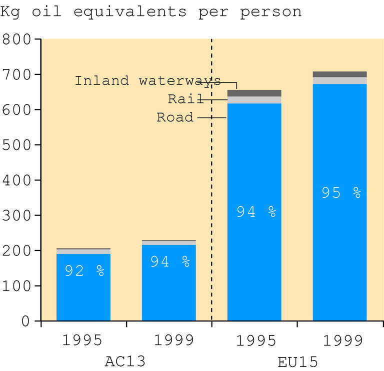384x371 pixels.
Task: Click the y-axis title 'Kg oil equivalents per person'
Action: (x=151, y=11)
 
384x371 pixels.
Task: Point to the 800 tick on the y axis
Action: (x=17, y=39)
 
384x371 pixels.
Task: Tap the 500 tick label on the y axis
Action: (x=17, y=145)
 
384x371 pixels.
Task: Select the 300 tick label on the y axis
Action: (x=17, y=215)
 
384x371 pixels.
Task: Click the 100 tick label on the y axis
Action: (x=17, y=286)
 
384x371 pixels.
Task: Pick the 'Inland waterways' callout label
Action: (x=147, y=80)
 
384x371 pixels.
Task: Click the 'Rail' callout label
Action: (x=180, y=99)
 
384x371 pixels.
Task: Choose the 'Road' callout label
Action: (x=175, y=117)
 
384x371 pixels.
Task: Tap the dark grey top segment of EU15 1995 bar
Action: (x=254, y=93)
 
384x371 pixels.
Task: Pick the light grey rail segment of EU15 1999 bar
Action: (x=339, y=80)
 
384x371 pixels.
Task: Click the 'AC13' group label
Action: (x=126, y=360)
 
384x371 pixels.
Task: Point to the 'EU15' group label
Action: (x=297, y=360)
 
